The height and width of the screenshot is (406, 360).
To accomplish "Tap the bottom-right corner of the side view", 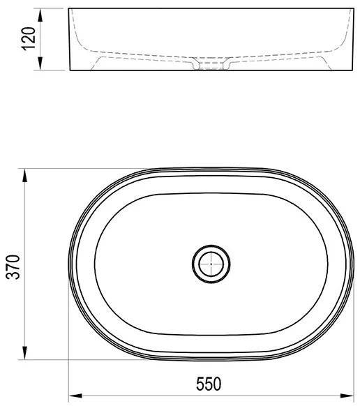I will (347, 71).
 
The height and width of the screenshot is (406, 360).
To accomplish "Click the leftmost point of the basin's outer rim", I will (70, 264).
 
